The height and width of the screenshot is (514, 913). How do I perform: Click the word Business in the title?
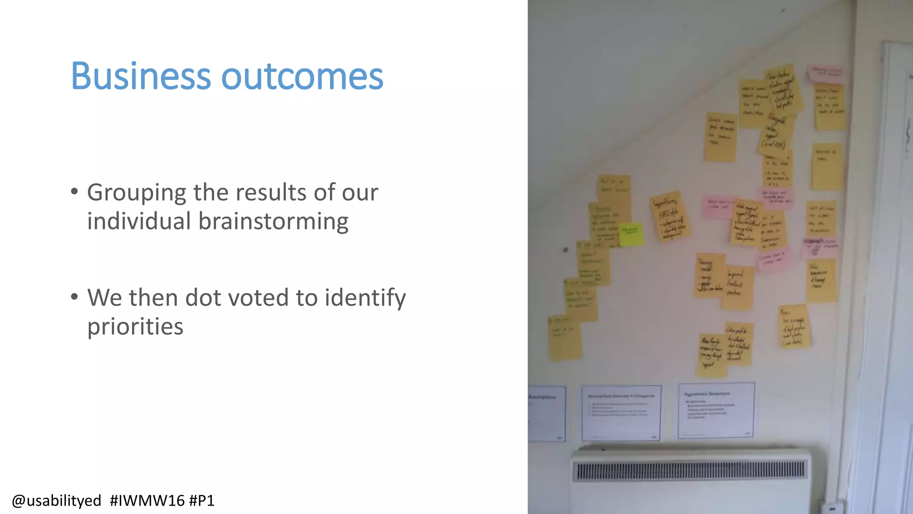click(x=140, y=76)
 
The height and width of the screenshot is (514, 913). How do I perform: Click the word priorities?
click(x=135, y=327)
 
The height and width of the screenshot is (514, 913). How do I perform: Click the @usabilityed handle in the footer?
click(x=56, y=501)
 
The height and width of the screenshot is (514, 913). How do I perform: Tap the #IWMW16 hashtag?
click(x=147, y=501)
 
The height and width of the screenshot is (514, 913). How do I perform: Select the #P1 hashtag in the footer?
click(x=202, y=501)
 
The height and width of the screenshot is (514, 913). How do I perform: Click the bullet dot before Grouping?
click(x=74, y=192)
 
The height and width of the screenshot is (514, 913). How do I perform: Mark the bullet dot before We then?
click(x=74, y=297)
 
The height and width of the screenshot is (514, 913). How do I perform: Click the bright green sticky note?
click(x=631, y=234)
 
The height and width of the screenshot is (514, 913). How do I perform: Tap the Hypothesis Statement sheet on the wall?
click(x=716, y=410)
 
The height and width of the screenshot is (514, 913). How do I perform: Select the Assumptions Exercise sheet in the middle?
click(x=621, y=413)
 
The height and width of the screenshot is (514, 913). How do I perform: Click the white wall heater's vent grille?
click(x=690, y=470)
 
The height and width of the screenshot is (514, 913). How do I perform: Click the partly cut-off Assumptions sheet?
click(x=547, y=413)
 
